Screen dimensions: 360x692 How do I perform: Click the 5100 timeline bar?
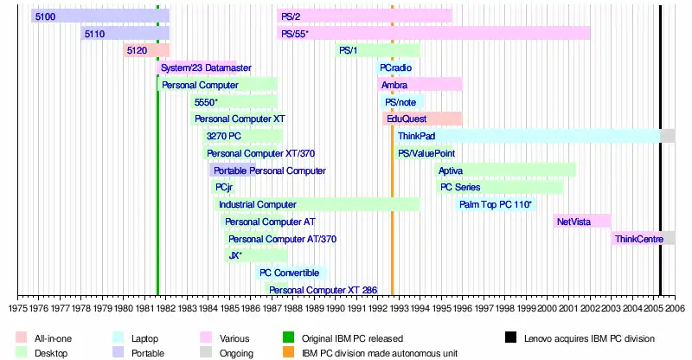pos(99,16)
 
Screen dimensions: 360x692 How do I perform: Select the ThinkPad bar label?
pos(416,136)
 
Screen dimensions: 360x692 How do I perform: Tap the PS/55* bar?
pos(432,33)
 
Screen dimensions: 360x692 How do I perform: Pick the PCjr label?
pos(223,187)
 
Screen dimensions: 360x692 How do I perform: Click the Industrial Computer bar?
pos(317,204)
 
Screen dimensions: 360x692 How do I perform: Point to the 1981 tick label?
pos(144,307)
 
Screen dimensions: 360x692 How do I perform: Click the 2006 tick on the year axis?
pos(675,307)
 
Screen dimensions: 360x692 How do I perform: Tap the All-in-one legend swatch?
pos(22,337)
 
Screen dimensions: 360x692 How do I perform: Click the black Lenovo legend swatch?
pos(511,337)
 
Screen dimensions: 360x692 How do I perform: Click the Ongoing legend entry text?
pos(235,353)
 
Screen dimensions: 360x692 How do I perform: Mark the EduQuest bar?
pos(422,119)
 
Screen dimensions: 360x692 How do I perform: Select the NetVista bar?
pos(582,222)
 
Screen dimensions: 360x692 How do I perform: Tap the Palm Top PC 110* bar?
pos(496,204)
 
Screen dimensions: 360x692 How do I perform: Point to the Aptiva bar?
pos(505,170)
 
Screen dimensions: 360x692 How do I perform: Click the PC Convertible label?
pos(290,273)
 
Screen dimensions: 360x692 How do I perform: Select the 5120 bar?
pos(145,50)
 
